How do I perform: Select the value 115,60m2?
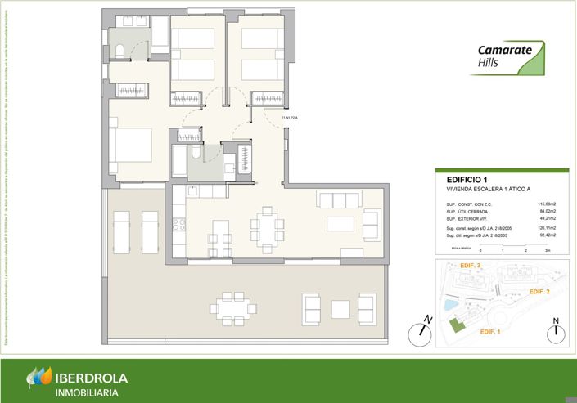click(546, 204)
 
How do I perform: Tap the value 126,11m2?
click(546, 230)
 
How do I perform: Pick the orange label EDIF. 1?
click(489, 331)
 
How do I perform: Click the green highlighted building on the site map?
click(456, 325)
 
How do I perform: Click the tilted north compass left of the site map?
click(421, 331)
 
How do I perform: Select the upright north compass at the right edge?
click(556, 332)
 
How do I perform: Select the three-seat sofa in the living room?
click(338, 200)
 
